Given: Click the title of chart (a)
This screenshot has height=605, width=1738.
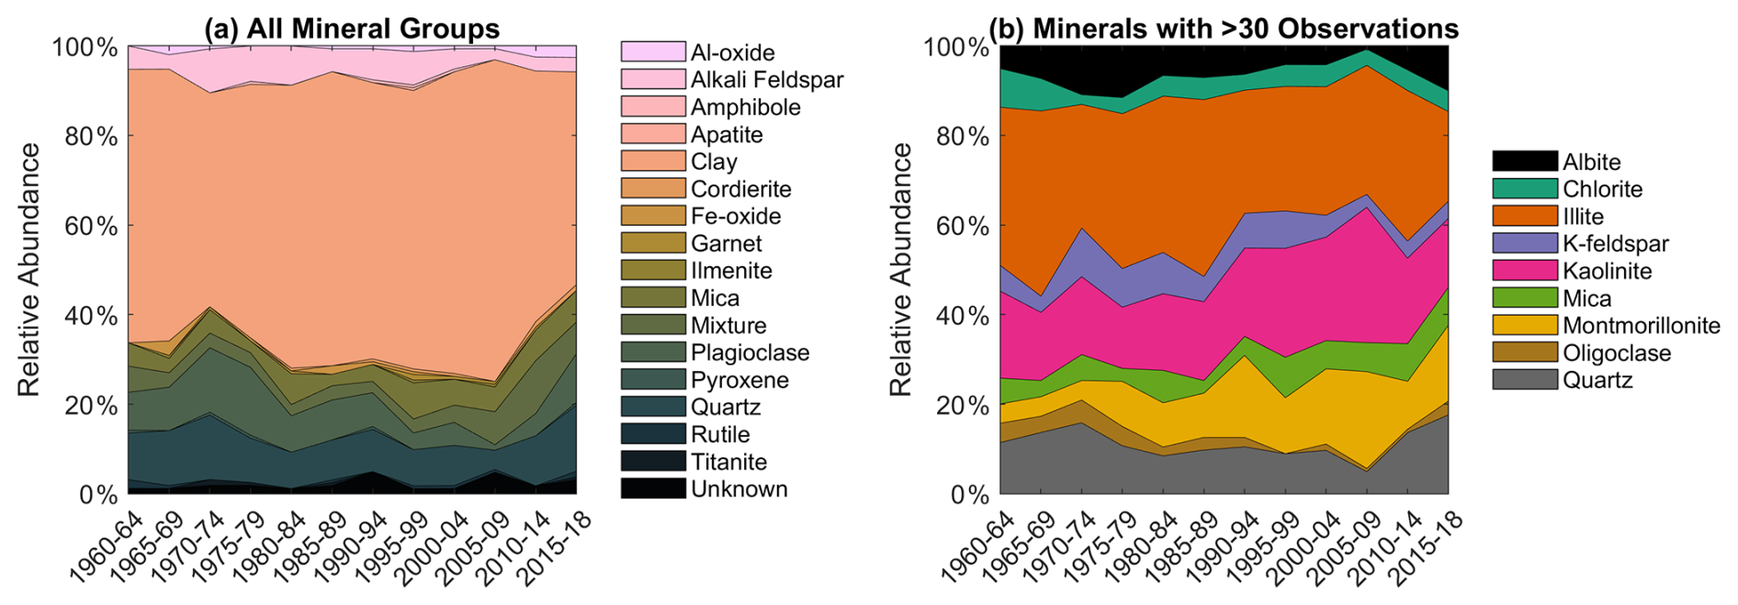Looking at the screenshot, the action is [352, 28].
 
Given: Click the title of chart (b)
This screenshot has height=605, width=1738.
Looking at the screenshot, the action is [1224, 28].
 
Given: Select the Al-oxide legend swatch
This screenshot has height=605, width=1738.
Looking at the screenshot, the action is [653, 51].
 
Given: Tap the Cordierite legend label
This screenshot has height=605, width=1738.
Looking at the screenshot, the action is [741, 189].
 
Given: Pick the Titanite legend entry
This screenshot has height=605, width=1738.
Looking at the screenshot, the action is [694, 462].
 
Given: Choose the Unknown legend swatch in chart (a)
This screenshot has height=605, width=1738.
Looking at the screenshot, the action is [653, 488].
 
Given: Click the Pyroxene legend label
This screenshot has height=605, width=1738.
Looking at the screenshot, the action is [740, 380].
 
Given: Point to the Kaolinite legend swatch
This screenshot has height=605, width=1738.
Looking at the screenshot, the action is [1525, 271].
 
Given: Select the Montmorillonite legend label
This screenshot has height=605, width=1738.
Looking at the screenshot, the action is [1642, 326].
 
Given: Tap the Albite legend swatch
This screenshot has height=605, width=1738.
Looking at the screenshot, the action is [1525, 162].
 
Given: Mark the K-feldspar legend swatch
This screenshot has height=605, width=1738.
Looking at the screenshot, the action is [1525, 243].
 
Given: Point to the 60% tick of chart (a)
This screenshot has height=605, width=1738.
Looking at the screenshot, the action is [127, 225].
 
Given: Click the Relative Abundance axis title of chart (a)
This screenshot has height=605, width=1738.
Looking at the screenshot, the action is [29, 270].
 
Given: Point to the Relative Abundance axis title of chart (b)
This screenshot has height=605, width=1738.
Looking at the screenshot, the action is [900, 270].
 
